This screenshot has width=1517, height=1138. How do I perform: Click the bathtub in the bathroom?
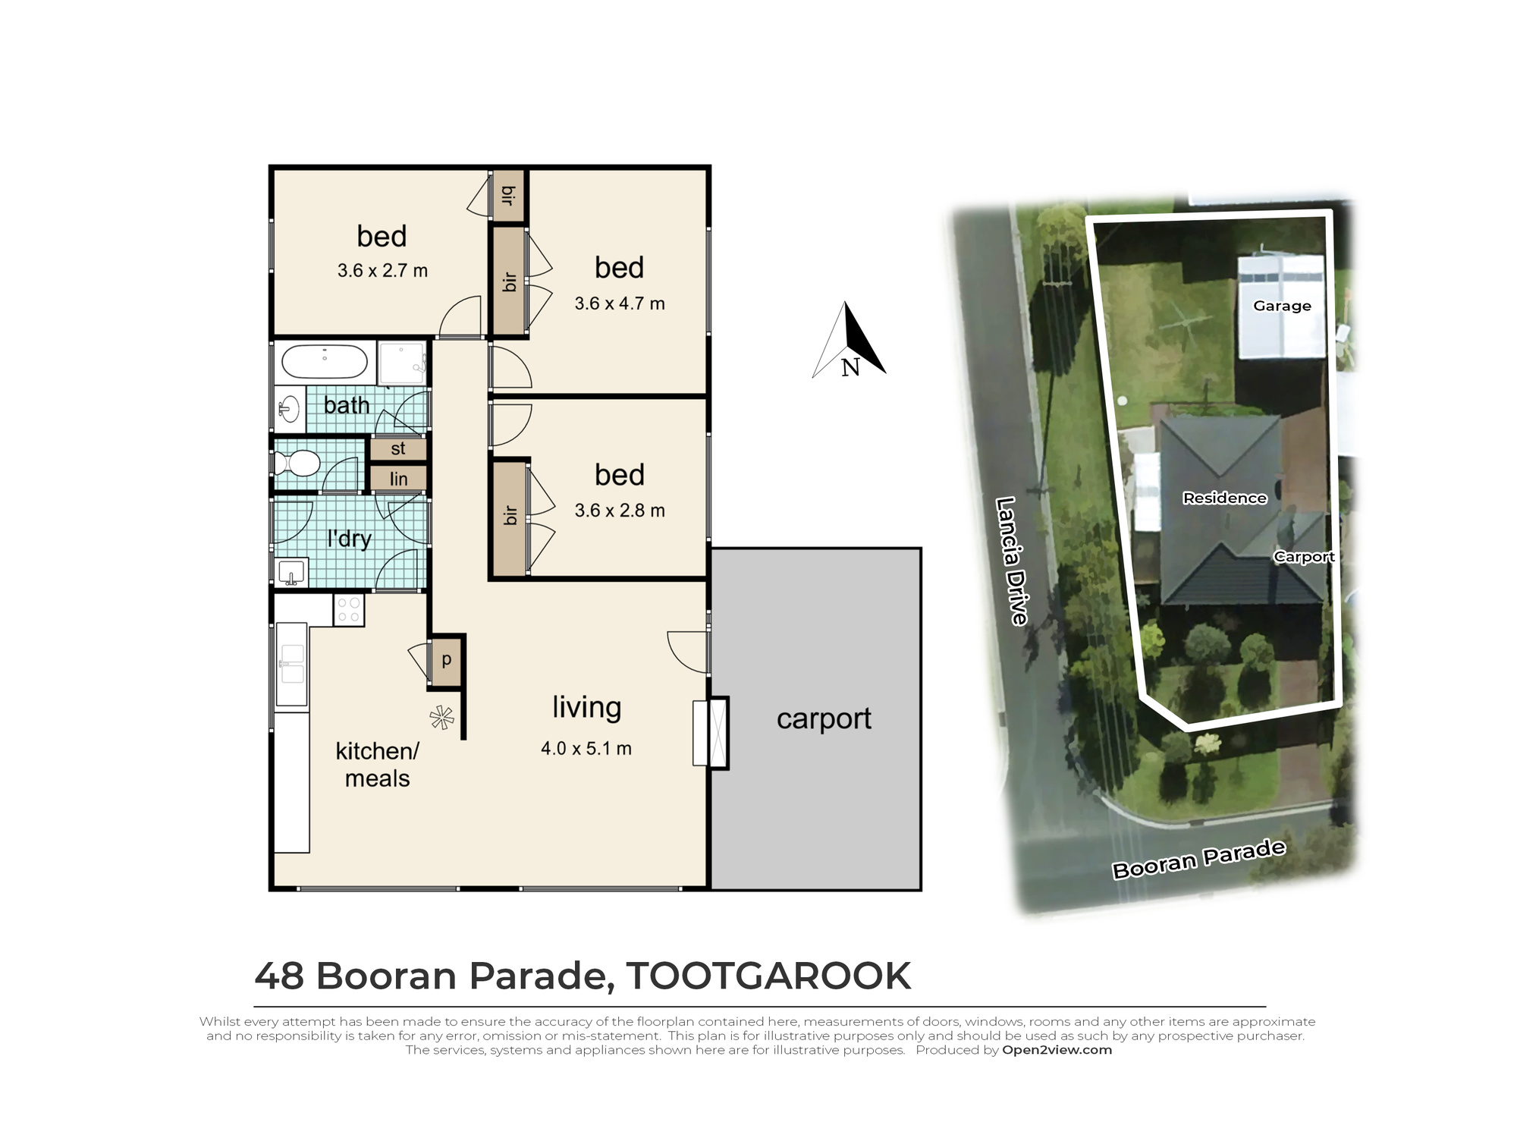(325, 362)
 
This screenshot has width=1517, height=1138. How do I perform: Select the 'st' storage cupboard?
(398, 449)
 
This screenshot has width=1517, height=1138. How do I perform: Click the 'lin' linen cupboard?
(398, 479)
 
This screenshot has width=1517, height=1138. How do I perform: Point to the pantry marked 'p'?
(447, 660)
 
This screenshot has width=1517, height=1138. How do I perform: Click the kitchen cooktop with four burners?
(349, 609)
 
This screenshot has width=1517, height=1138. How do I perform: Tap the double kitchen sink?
(291, 664)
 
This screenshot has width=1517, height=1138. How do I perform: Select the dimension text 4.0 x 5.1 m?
(586, 749)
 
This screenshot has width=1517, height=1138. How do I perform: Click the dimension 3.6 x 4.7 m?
(619, 303)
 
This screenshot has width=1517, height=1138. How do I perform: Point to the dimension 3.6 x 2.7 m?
(382, 271)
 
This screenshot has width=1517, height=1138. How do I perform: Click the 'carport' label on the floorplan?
(824, 718)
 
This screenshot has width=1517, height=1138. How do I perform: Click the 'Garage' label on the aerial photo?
(1282, 306)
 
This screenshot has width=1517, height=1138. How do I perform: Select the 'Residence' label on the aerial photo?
(1224, 498)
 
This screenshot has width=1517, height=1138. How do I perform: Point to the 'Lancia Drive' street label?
(1012, 561)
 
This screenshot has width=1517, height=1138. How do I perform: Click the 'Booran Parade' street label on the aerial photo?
(1198, 860)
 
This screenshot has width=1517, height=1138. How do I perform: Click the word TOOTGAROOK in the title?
(768, 976)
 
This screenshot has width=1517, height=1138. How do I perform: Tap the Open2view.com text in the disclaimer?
(1057, 1050)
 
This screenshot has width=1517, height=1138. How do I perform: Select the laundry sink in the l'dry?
(291, 572)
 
